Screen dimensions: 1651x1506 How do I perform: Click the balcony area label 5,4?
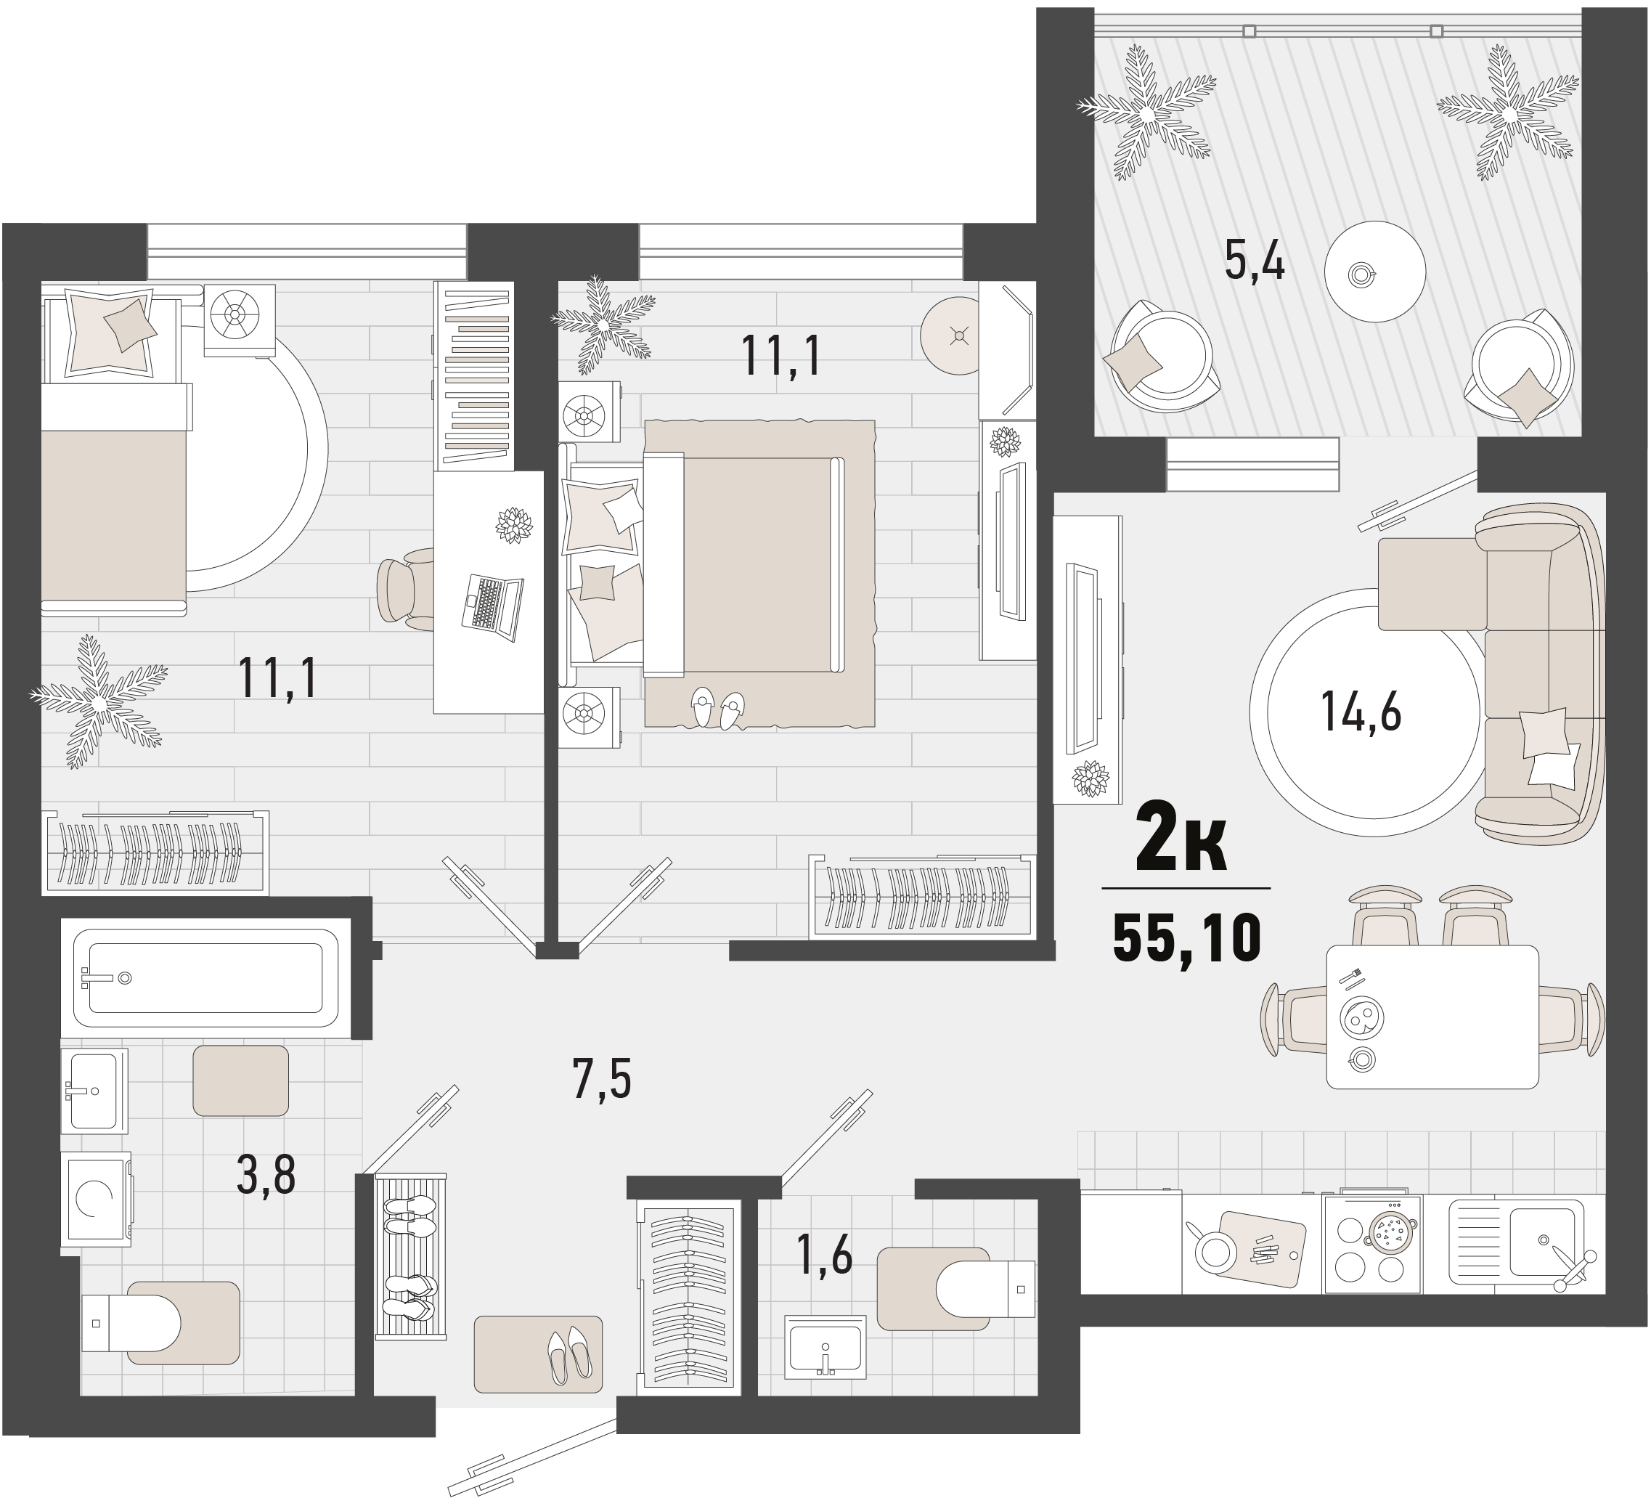coord(1254,261)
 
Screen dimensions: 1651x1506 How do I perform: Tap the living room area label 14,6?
coord(1361,710)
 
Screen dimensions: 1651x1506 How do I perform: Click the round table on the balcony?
coord(1376,272)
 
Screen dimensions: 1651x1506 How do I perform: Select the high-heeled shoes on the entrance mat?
coord(569,1355)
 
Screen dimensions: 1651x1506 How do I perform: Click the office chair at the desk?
coord(406,589)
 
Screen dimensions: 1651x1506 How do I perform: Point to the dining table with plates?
coord(1432,1017)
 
